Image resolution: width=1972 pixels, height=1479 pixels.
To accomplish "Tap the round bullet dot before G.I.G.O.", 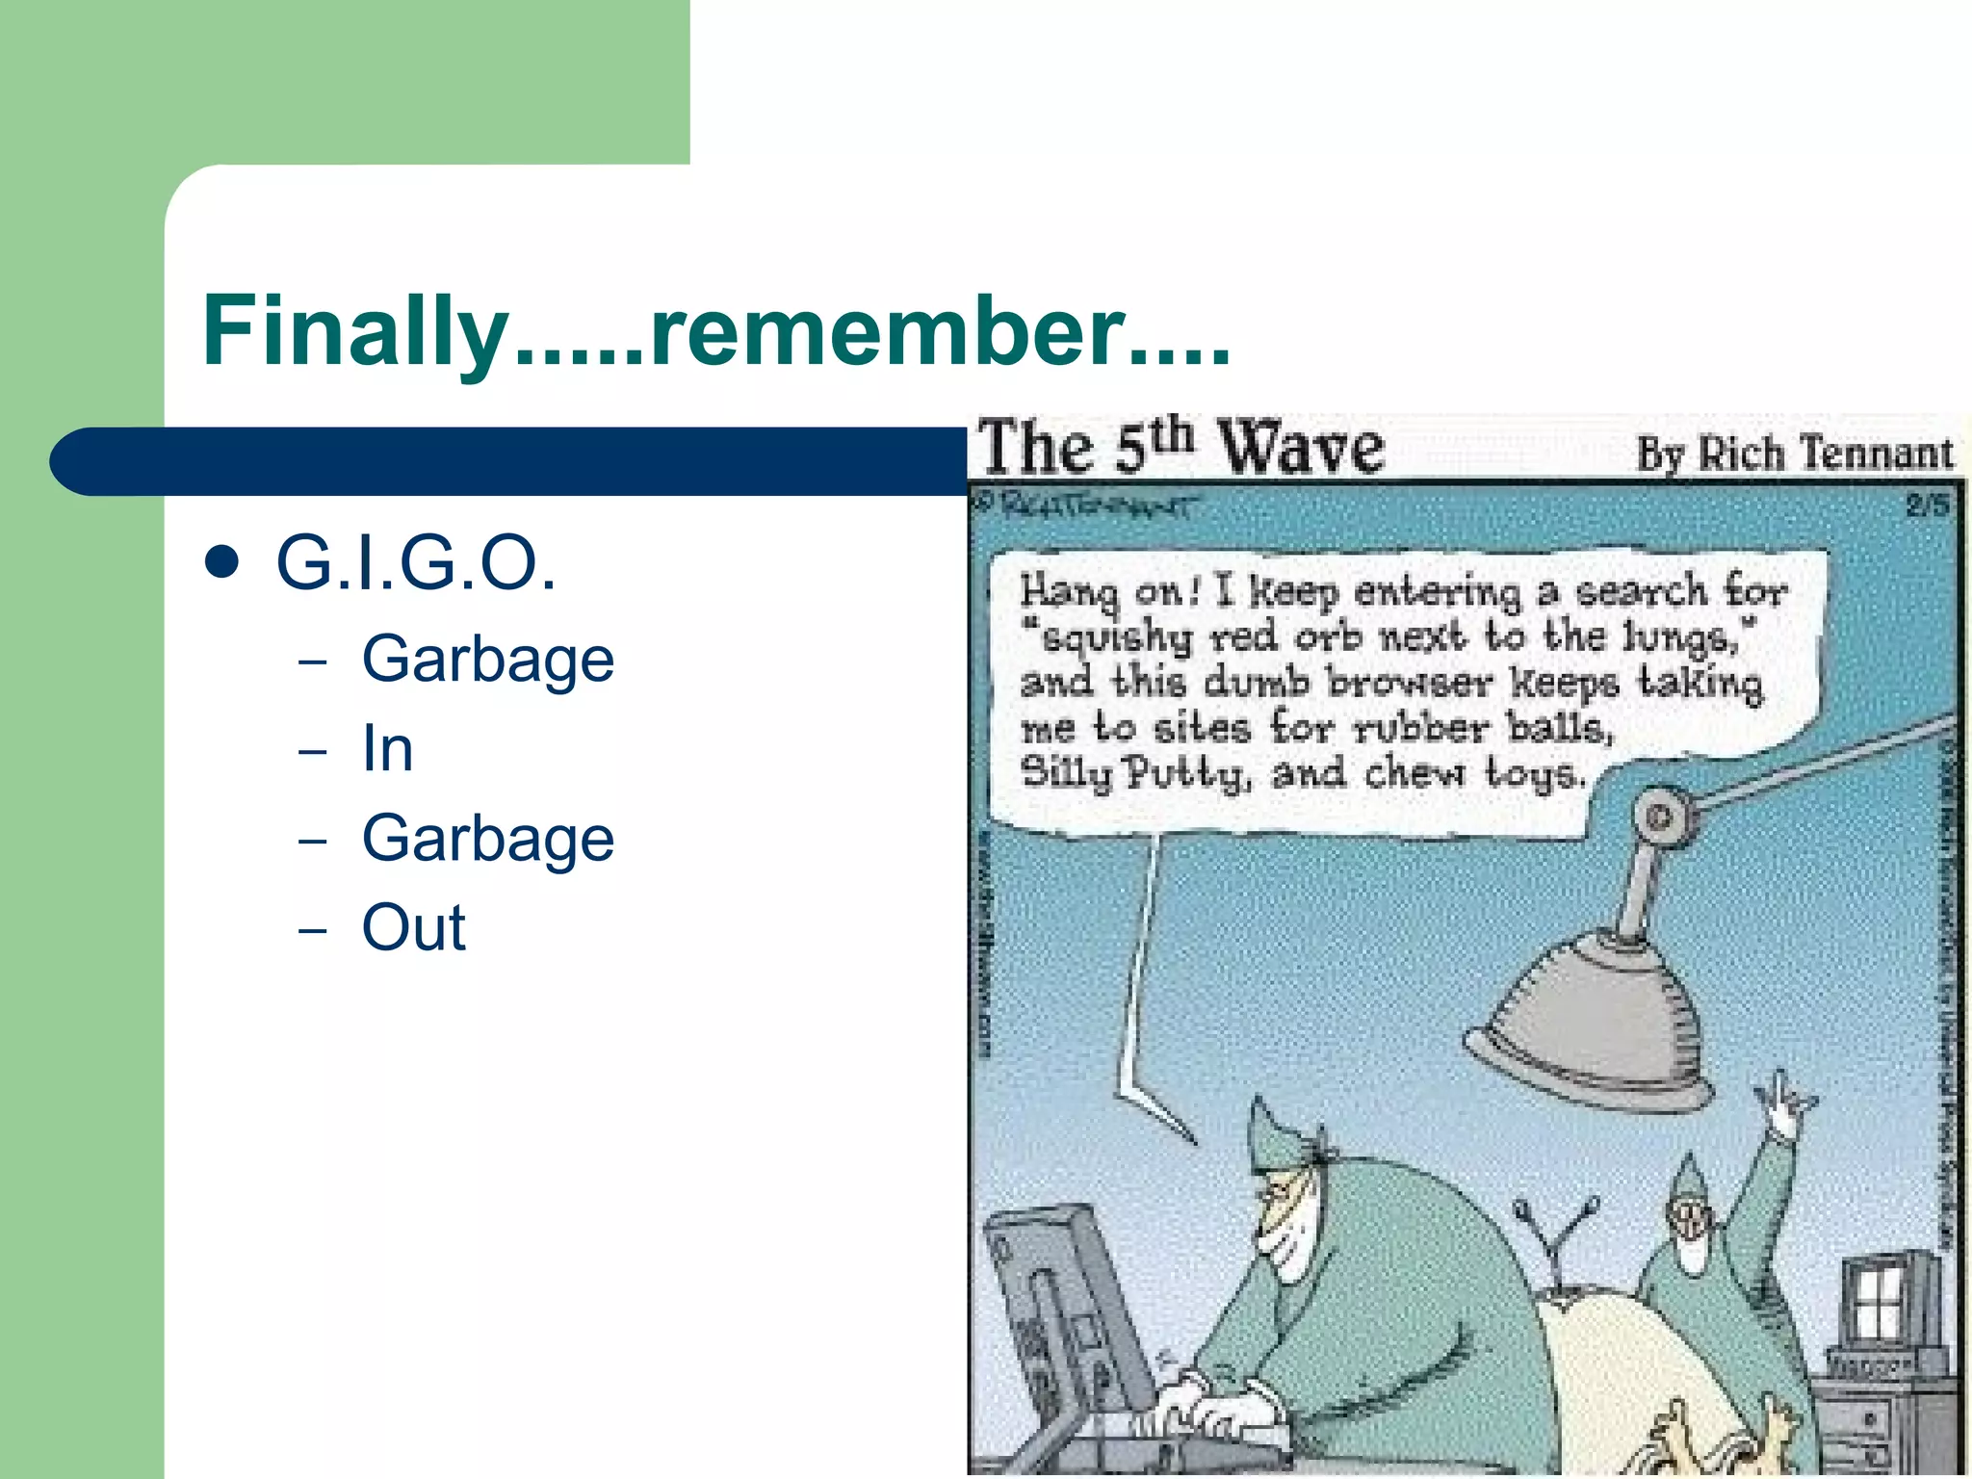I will click(x=222, y=562).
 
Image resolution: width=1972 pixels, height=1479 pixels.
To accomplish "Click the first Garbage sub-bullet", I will click(x=487, y=661).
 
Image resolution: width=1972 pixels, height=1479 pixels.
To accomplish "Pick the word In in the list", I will click(x=387, y=749).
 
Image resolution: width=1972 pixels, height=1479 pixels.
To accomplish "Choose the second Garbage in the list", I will click(x=487, y=839).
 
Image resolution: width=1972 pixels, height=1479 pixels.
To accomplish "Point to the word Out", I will click(x=413, y=928).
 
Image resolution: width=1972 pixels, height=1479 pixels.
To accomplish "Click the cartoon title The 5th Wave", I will click(x=1181, y=448).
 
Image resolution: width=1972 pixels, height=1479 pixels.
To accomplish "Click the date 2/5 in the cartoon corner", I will click(x=1927, y=506).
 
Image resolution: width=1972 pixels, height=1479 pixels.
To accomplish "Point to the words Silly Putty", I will click(x=1135, y=773).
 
